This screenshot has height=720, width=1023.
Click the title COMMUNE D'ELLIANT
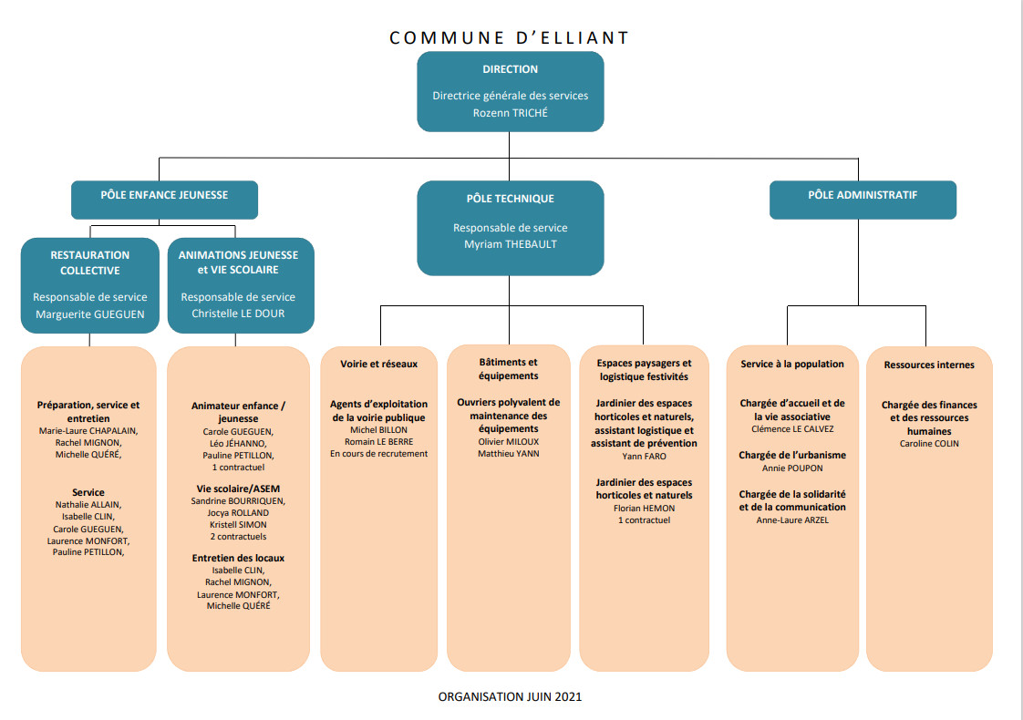(510, 38)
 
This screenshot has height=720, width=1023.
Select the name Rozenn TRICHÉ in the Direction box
(511, 113)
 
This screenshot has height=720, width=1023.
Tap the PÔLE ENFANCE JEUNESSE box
(164, 200)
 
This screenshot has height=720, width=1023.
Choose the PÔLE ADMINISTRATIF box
(863, 200)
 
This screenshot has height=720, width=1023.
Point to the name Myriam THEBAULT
(511, 244)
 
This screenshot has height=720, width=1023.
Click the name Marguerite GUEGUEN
(90, 314)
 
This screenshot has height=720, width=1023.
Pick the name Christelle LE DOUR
(238, 313)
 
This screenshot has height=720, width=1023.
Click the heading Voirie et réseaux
(379, 364)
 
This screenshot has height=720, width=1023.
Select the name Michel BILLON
(379, 430)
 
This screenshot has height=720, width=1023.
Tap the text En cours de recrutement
(379, 453)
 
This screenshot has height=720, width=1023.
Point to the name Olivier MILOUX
(509, 441)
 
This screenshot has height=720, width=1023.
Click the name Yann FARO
(644, 456)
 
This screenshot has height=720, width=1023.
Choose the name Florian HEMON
(644, 508)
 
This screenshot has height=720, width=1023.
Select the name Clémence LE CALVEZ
(792, 428)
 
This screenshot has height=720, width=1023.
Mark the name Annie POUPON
(792, 468)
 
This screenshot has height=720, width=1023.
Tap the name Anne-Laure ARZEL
(792, 519)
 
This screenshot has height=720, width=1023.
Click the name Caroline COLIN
(929, 444)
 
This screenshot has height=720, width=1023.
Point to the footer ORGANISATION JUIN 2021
(510, 696)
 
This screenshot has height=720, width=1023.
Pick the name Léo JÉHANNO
(238, 444)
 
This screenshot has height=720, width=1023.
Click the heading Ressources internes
(929, 365)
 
